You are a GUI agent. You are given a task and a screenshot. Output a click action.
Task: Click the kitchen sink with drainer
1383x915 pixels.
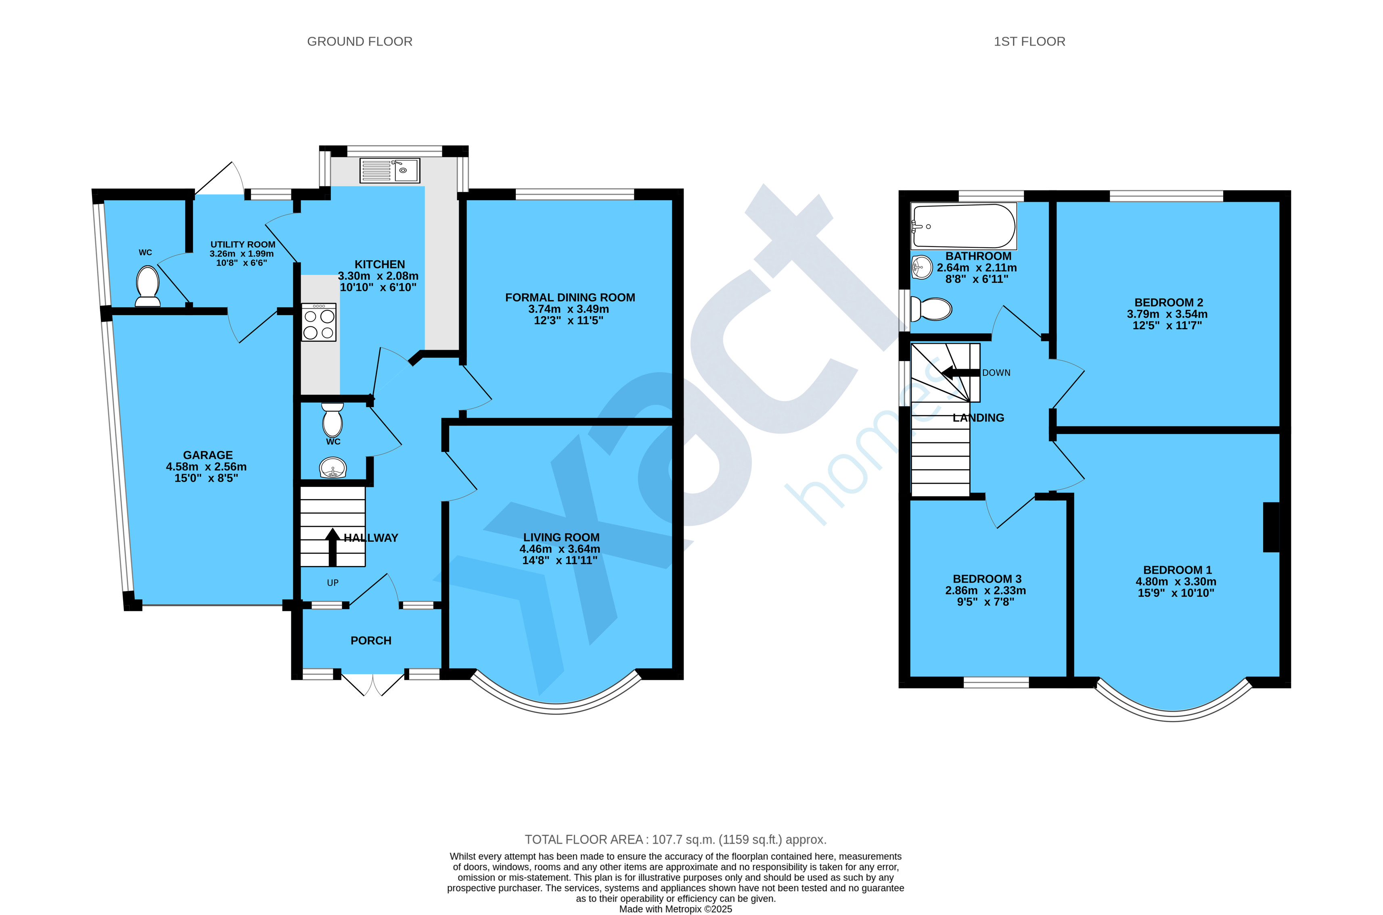[x=389, y=170]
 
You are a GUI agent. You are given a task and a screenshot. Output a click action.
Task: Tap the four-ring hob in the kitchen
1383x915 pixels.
[x=319, y=322]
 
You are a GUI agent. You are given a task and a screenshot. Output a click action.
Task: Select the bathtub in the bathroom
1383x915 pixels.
[x=963, y=226]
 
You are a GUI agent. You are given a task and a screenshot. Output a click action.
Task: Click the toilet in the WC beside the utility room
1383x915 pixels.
[x=148, y=286]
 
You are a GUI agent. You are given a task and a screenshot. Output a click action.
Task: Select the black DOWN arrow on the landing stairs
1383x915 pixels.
[x=960, y=373]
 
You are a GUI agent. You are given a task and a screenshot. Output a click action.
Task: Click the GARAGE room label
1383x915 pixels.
[x=208, y=455]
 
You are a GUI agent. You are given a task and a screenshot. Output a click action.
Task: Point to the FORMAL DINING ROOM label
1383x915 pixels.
[x=569, y=298]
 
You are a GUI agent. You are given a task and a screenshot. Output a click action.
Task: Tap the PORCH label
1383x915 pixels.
[x=370, y=641]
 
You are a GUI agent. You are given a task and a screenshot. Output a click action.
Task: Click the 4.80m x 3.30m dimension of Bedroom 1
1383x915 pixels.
[x=1176, y=582]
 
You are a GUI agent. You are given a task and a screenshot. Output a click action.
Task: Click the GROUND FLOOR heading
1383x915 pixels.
[x=360, y=42]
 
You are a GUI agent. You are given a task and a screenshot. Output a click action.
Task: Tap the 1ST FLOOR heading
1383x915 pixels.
[x=1029, y=42]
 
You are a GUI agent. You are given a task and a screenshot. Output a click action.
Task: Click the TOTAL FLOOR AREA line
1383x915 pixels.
[x=676, y=840]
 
